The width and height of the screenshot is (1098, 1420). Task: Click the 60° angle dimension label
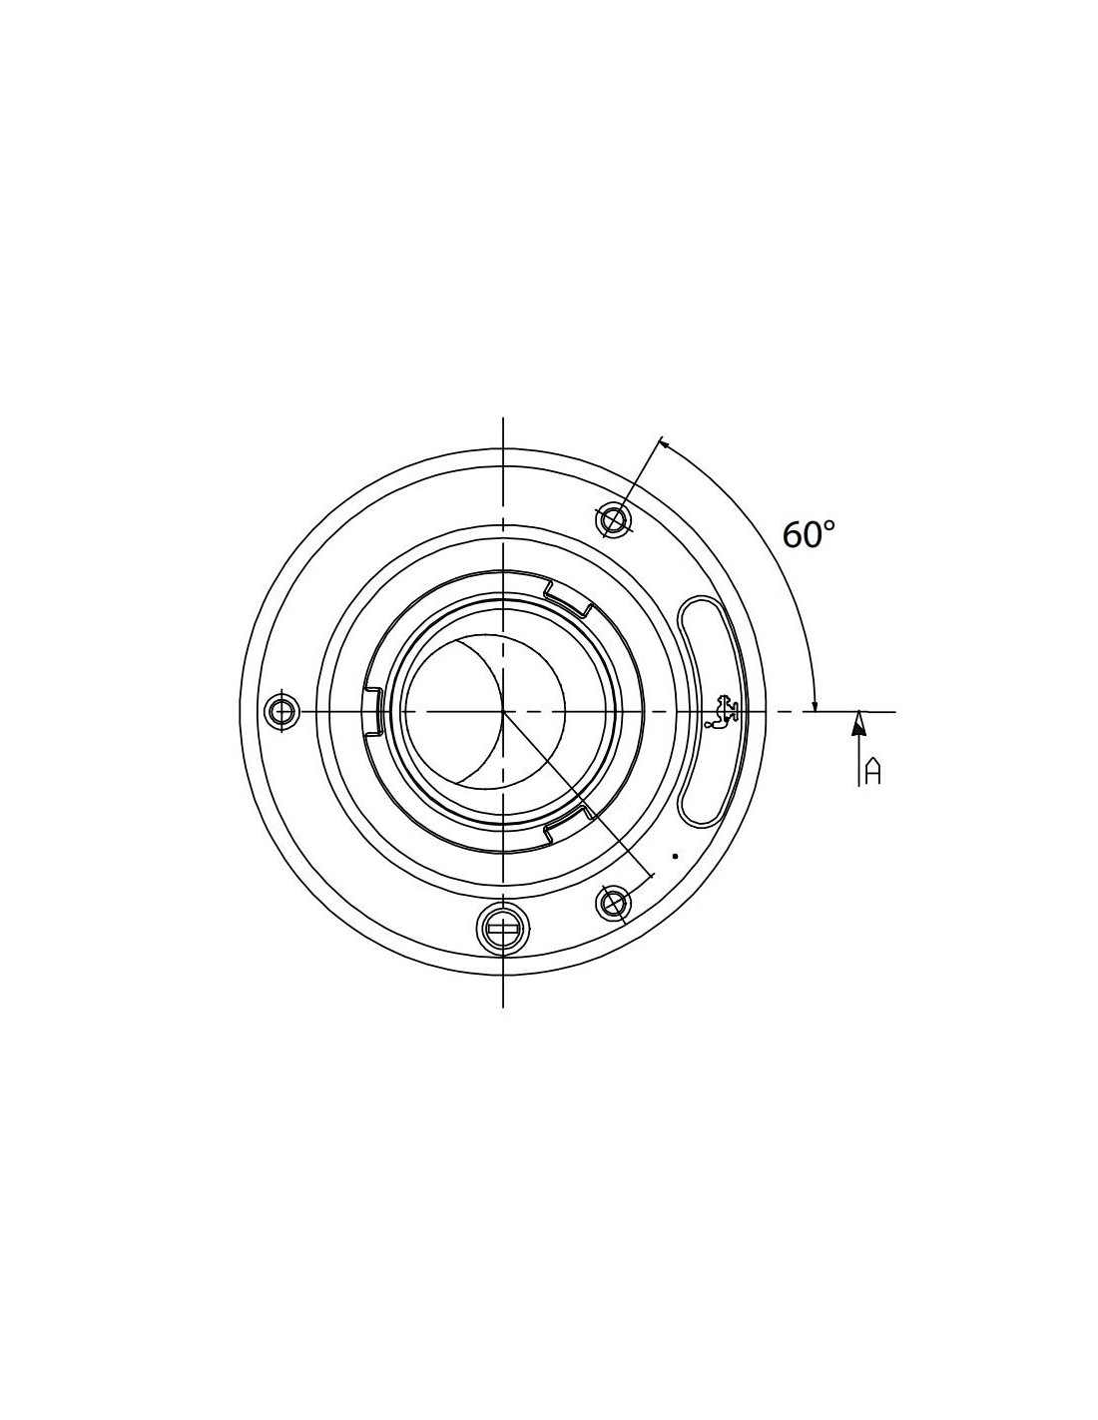click(808, 534)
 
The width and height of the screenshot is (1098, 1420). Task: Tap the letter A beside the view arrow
click(872, 771)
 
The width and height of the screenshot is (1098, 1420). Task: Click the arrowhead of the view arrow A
click(858, 724)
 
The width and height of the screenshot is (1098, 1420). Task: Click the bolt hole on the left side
click(281, 710)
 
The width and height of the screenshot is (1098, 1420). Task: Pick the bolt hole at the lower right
click(613, 904)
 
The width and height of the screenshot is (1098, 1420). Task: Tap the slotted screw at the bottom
click(503, 928)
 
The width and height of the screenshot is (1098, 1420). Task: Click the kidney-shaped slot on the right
click(708, 710)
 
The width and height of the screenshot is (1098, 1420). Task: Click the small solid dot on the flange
click(676, 856)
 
